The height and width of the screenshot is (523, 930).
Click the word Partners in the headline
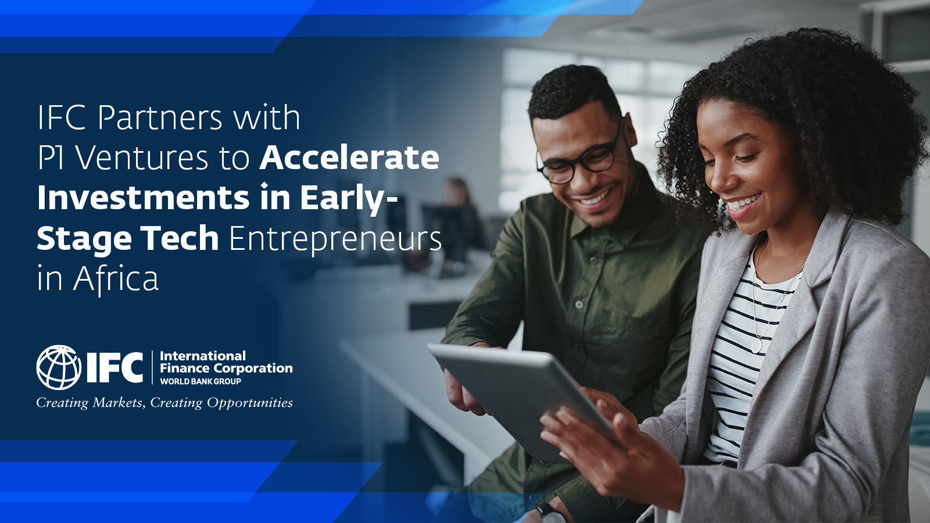tap(160, 118)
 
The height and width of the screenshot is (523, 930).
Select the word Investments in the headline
tap(143, 198)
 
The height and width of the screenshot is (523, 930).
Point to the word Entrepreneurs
tap(335, 241)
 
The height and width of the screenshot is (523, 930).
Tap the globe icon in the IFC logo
tap(59, 367)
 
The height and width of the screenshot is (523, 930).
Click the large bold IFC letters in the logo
tap(115, 367)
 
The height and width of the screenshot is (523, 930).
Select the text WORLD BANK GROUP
tap(200, 381)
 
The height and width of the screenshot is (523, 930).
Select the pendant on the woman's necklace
tap(756, 345)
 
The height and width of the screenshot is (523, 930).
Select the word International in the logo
tap(203, 356)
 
